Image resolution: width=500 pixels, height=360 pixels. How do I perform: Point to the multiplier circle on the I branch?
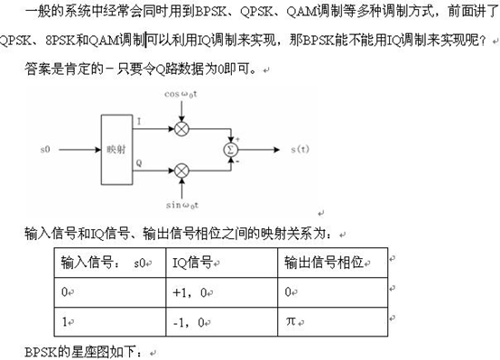(181, 128)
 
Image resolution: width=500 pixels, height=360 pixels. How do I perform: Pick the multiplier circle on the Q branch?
(181, 169)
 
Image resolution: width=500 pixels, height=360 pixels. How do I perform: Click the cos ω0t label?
(182, 94)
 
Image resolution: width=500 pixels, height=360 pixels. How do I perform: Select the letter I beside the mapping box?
(138, 121)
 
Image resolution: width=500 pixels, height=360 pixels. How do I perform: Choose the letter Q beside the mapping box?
(138, 162)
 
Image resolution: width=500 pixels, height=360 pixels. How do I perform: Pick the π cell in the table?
(289, 321)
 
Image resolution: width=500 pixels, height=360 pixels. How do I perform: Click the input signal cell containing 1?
(64, 321)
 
